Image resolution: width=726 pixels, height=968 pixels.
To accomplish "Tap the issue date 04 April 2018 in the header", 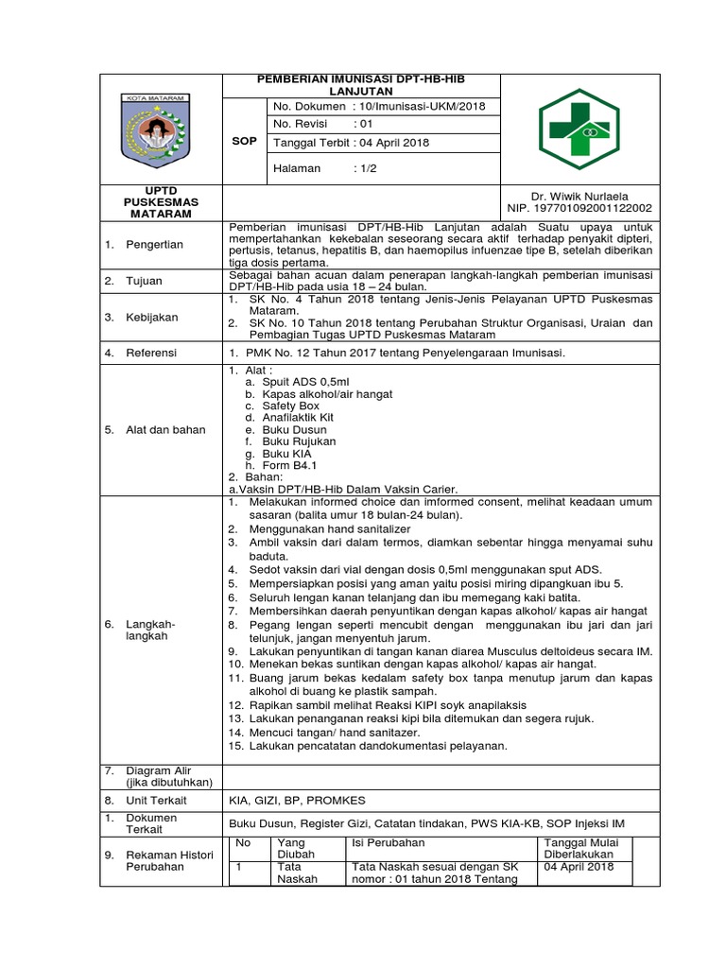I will pos(390,143).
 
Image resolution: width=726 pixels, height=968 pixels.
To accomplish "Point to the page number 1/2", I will pos(365,168).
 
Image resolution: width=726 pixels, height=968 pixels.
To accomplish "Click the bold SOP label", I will pos(244,140).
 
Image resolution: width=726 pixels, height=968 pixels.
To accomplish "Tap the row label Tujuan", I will pos(146,282).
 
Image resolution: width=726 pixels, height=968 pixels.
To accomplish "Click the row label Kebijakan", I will pos(152,317).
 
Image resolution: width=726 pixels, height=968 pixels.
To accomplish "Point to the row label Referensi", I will pos(153,353).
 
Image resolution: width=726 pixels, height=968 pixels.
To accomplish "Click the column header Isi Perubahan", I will pos(388,842).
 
